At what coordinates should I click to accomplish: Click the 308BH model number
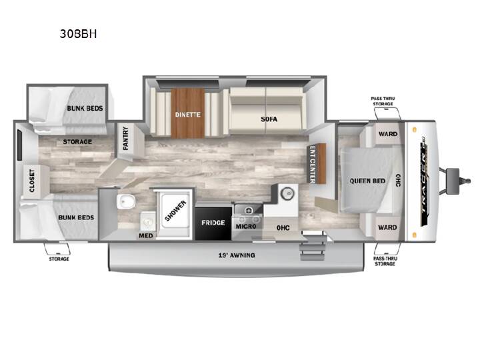[x=78, y=34]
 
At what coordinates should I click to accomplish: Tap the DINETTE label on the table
[x=187, y=115]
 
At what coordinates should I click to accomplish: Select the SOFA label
[x=269, y=119]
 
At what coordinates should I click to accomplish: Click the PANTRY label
[x=125, y=139]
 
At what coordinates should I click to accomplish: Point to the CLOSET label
[x=32, y=181]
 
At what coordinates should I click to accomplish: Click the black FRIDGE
[x=213, y=223]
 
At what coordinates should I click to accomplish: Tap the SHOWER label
[x=175, y=211]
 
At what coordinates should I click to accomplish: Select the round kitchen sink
[x=287, y=193]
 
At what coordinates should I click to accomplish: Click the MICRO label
[x=246, y=226]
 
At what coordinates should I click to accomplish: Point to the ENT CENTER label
[x=313, y=165]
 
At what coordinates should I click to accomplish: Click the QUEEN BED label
[x=367, y=181]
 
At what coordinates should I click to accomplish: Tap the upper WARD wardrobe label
[x=388, y=134]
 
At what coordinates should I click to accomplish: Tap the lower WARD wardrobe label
[x=387, y=227]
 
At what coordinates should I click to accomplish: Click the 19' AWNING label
[x=236, y=255]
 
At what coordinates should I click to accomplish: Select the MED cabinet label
[x=146, y=235]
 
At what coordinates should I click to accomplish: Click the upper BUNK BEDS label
[x=85, y=109]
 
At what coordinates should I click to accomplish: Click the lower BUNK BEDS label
[x=76, y=217]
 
